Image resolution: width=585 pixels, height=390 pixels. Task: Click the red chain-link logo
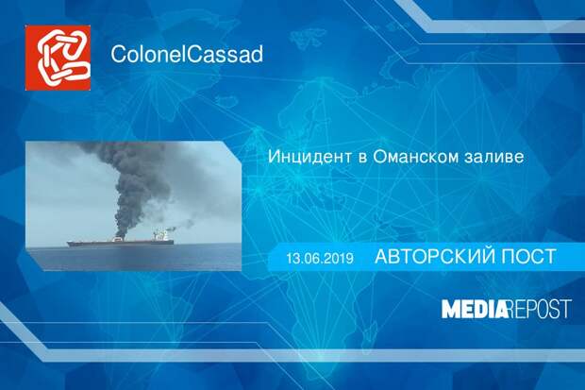(x=58, y=58)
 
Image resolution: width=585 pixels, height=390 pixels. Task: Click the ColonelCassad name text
(x=187, y=54)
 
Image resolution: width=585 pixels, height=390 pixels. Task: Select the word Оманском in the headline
(x=415, y=157)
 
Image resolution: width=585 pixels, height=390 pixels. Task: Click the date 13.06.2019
(x=320, y=258)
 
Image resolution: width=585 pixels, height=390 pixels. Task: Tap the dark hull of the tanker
(x=120, y=243)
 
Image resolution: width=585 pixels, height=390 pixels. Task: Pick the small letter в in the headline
(x=362, y=159)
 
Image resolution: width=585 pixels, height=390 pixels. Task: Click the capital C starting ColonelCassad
(x=119, y=54)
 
